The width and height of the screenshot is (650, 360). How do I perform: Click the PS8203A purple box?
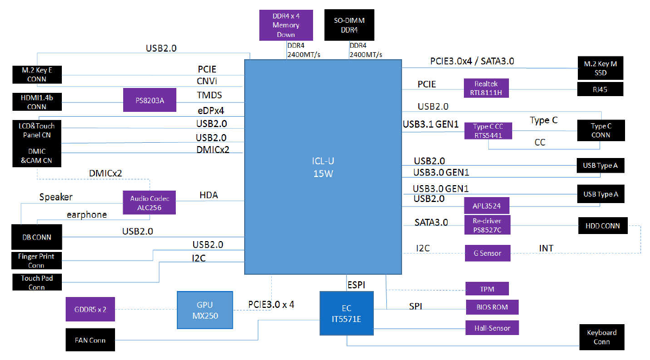tap(150, 100)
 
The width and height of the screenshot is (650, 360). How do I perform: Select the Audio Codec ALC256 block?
tap(149, 203)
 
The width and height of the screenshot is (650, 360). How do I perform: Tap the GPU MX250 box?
tap(205, 310)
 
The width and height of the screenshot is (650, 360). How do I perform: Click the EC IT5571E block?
tap(347, 313)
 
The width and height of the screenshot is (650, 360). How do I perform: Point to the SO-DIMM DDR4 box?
tap(349, 25)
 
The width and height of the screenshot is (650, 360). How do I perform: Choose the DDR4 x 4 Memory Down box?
tap(286, 25)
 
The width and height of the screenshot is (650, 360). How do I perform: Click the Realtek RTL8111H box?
tap(486, 88)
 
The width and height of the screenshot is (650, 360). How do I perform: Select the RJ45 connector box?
tap(600, 89)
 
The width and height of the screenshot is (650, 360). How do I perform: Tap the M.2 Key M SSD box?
tap(600, 68)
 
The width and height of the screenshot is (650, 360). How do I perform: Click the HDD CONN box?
tap(603, 226)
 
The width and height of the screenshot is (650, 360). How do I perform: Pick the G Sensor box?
tap(487, 253)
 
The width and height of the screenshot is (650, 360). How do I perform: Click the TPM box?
tap(487, 289)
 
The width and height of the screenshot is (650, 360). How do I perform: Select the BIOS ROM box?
tap(492, 307)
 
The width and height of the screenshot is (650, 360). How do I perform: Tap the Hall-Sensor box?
tap(492, 327)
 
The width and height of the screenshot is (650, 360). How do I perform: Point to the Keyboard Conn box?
tap(602, 337)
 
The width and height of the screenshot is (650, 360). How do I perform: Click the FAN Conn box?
tap(90, 340)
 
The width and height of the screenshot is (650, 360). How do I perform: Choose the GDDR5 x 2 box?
tap(90, 309)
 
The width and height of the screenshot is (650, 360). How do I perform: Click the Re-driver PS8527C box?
tap(487, 225)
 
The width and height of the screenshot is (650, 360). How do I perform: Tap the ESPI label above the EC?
tap(356, 285)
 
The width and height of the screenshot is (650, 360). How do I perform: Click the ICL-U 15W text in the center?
tap(323, 167)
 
